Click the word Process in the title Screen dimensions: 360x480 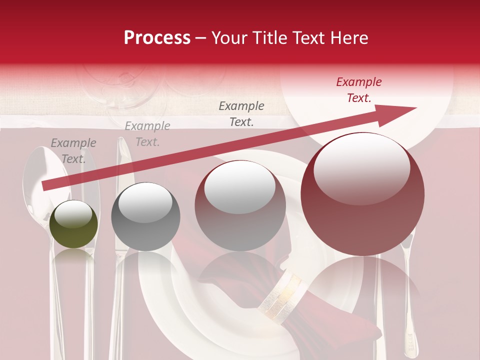click(157, 38)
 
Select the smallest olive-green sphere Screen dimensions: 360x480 click(73, 224)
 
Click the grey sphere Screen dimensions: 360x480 click(145, 216)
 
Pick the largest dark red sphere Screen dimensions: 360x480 click(362, 194)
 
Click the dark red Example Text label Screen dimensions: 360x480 click(358, 90)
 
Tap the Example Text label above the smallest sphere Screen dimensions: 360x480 click(73, 150)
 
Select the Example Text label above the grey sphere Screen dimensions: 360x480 click(147, 133)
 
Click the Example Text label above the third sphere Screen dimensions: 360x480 click(241, 113)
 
